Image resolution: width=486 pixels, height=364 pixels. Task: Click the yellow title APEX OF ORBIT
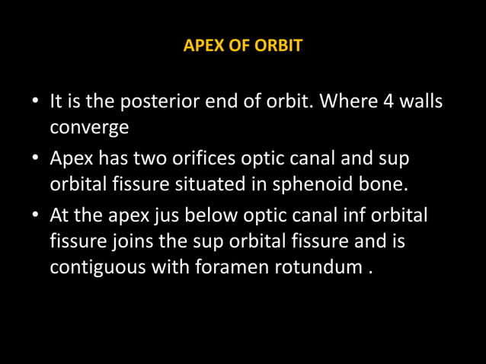click(x=243, y=46)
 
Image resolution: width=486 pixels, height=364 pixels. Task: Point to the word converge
click(x=89, y=127)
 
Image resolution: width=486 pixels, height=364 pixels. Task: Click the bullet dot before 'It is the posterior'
click(x=35, y=101)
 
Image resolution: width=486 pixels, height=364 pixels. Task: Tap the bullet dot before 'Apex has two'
click(x=35, y=159)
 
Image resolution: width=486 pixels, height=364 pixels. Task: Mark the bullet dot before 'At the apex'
click(x=35, y=217)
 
